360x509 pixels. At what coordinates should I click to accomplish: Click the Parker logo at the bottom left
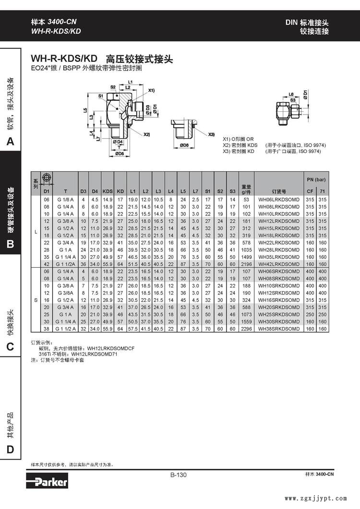click(48, 481)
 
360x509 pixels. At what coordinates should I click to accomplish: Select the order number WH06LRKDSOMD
click(279, 200)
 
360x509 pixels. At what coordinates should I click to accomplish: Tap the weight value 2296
click(246, 329)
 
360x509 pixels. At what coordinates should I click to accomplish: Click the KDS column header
click(108, 191)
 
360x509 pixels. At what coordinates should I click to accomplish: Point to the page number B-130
click(179, 475)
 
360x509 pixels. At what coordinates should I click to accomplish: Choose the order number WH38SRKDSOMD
click(279, 329)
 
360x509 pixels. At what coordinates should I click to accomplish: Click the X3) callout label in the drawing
click(211, 134)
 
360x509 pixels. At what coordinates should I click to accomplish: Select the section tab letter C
click(11, 347)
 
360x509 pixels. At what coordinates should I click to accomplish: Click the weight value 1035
click(246, 250)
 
